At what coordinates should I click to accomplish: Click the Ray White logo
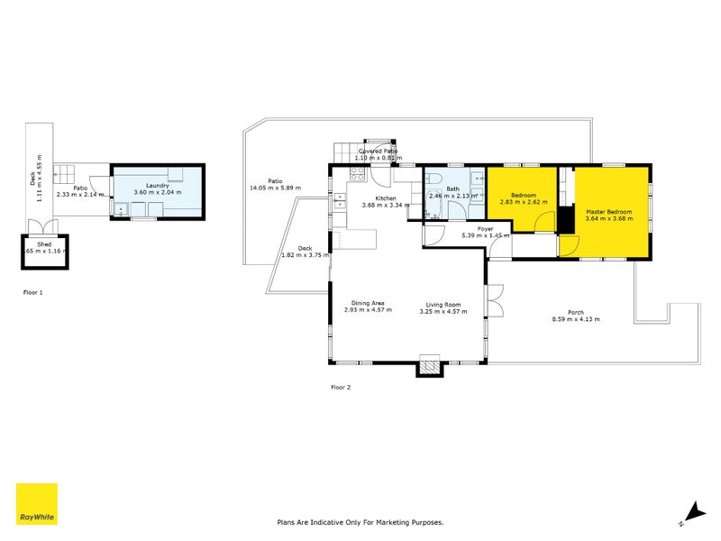pyautogui.click(x=37, y=504)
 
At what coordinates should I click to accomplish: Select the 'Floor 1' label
pyautogui.click(x=33, y=293)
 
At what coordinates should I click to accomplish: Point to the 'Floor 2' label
pyautogui.click(x=341, y=388)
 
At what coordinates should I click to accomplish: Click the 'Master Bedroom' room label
pyautogui.click(x=608, y=212)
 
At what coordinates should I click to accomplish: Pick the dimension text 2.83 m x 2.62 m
pyautogui.click(x=524, y=203)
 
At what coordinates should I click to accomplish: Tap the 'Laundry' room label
pyautogui.click(x=157, y=186)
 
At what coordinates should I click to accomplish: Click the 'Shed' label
pyautogui.click(x=43, y=243)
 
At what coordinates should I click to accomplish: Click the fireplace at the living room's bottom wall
pyautogui.click(x=429, y=365)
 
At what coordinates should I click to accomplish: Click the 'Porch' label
pyautogui.click(x=576, y=312)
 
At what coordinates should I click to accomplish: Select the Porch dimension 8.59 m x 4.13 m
pyautogui.click(x=576, y=319)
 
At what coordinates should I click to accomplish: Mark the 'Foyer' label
pyautogui.click(x=485, y=229)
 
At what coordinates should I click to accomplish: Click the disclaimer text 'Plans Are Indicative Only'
pyautogui.click(x=360, y=522)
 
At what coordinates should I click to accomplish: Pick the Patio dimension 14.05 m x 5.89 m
pyautogui.click(x=275, y=188)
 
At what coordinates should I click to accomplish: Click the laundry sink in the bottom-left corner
pyautogui.click(x=120, y=209)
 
